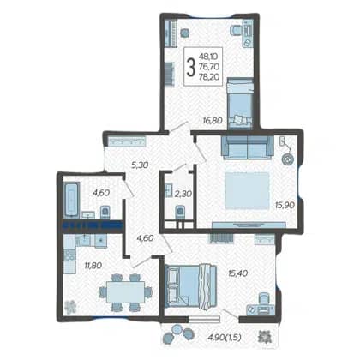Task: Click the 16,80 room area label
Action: [x=213, y=121]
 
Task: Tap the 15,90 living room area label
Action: [x=285, y=205]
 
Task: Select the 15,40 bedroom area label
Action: [x=237, y=273]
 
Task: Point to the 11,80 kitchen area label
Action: [x=93, y=266]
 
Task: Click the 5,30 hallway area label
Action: [x=141, y=165]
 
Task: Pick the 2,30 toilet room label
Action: [x=183, y=194]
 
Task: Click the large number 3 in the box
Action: [x=190, y=67]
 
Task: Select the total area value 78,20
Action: [x=211, y=76]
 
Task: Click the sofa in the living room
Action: [x=248, y=147]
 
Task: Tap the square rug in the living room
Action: [x=247, y=190]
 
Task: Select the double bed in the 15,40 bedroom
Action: [x=191, y=285]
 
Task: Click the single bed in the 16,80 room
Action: [x=240, y=103]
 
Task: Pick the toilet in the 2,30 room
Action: [x=180, y=213]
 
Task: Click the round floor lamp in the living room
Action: [x=287, y=159]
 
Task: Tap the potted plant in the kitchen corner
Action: [x=70, y=307]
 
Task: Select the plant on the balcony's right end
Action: [x=263, y=336]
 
